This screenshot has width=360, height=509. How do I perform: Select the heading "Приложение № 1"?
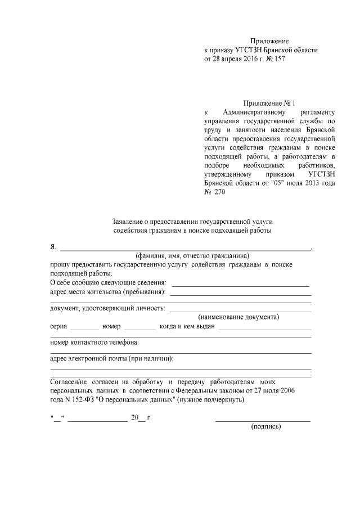[269, 103]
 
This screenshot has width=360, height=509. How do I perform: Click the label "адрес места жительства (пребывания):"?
[108, 292]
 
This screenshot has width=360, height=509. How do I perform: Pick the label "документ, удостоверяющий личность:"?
[107, 308]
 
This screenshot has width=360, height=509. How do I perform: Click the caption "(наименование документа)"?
[238, 317]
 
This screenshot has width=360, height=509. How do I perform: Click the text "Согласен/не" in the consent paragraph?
[68, 381]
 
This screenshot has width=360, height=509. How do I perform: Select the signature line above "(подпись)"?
[263, 420]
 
